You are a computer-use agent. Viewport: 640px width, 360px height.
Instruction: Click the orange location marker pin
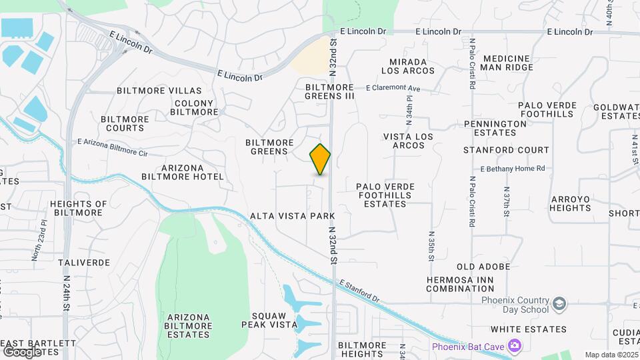(x=320, y=159)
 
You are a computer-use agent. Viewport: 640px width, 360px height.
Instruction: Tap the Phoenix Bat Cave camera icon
(x=514, y=345)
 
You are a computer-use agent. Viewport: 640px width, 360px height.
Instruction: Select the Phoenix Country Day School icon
(x=560, y=305)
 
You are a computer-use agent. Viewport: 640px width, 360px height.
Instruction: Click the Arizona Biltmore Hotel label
(x=183, y=172)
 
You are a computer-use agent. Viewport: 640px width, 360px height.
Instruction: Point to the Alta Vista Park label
(x=292, y=217)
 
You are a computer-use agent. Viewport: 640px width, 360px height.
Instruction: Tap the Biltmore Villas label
(x=159, y=91)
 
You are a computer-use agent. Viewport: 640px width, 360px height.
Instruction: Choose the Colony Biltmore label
(x=194, y=107)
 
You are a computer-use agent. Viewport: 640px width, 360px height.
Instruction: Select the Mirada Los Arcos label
(x=408, y=65)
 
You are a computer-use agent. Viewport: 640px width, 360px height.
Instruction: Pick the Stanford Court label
(x=507, y=150)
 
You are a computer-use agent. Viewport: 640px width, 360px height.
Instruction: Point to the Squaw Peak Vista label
(x=274, y=320)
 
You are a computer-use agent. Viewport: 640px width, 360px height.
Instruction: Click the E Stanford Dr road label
(x=359, y=291)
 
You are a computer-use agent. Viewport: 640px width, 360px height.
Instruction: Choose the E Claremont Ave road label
(x=393, y=88)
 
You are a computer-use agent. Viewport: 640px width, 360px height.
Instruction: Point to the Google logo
(x=23, y=351)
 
